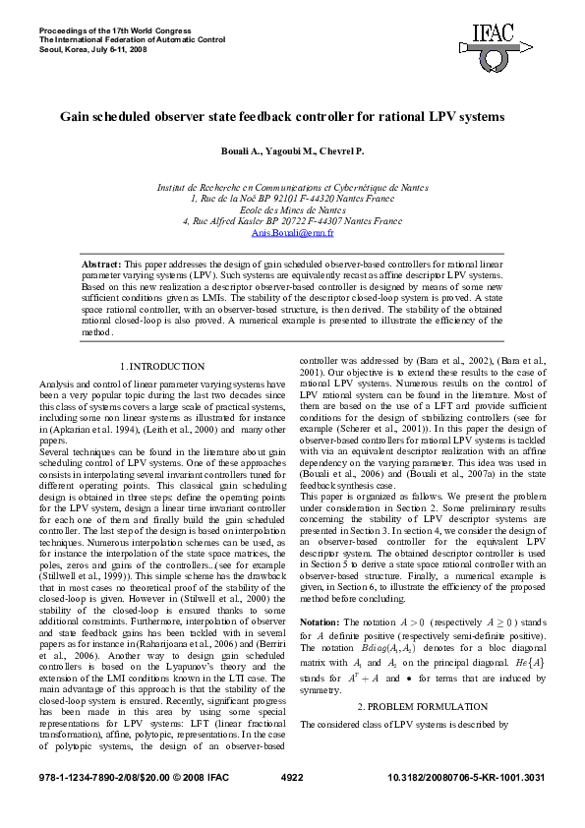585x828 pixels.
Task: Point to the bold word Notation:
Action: [320, 621]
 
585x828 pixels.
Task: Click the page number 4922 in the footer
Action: [292, 803]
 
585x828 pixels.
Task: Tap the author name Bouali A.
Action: [243, 151]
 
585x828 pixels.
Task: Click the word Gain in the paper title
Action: [75, 116]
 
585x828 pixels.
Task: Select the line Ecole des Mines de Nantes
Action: [292, 209]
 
